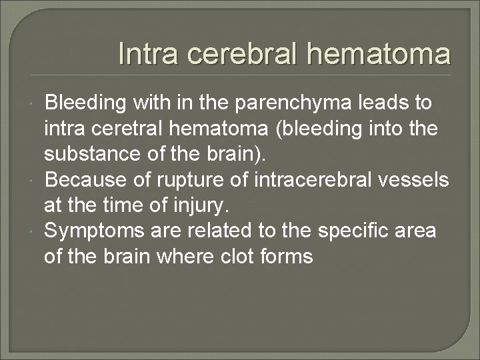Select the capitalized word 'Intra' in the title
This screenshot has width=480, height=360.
(143, 54)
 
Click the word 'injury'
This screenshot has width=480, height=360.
(209, 205)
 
